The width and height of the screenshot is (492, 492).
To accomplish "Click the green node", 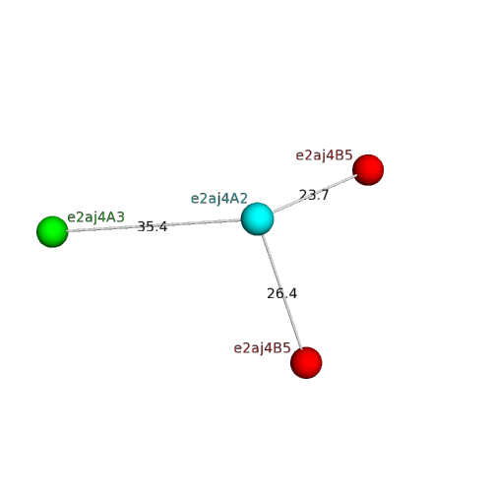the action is pyautogui.click(x=52, y=231).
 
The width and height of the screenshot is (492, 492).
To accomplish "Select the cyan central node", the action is pyautogui.click(x=257, y=218).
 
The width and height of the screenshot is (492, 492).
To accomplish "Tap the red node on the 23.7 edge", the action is pyautogui.click(x=368, y=170).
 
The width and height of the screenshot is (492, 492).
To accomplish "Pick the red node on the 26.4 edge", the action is pyautogui.click(x=306, y=363).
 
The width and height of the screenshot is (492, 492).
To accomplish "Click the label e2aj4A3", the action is pyautogui.click(x=95, y=217).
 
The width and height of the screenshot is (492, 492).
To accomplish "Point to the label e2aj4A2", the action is pyautogui.click(x=219, y=199).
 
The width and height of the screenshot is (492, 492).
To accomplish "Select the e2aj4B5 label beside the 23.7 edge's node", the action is pyautogui.click(x=324, y=155).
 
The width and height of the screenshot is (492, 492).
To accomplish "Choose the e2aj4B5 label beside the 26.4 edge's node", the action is pyautogui.click(x=262, y=348).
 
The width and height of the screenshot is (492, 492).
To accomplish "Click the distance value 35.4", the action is pyautogui.click(x=153, y=226).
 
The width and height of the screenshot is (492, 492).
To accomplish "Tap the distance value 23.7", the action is pyautogui.click(x=314, y=195).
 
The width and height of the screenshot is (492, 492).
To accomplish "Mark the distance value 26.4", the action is pyautogui.click(x=281, y=293).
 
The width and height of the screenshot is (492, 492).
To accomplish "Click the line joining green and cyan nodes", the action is pyautogui.click(x=154, y=225).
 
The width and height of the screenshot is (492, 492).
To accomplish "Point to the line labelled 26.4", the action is pyautogui.click(x=281, y=291).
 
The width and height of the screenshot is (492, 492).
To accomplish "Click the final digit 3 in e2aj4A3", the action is pyautogui.click(x=121, y=217).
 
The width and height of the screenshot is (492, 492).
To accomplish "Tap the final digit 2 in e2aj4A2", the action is pyautogui.click(x=244, y=199).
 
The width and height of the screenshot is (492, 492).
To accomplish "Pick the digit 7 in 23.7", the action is pyautogui.click(x=324, y=195).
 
